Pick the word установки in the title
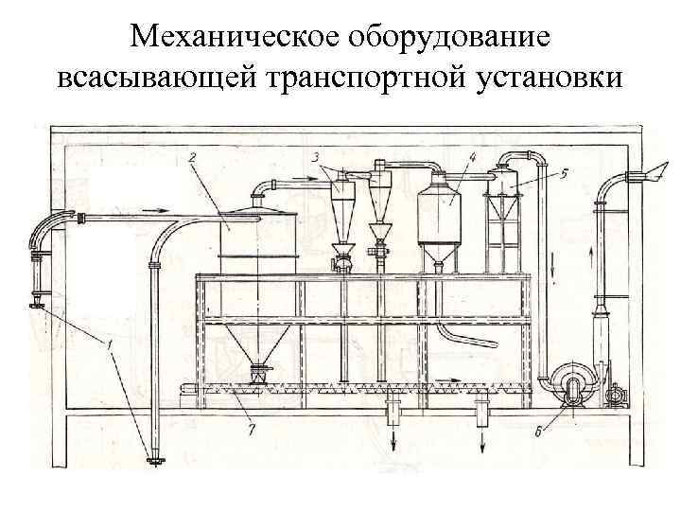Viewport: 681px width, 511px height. pos(550,78)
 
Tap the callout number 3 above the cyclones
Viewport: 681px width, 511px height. pos(316,155)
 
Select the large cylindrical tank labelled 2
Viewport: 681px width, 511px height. pos(259,241)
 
